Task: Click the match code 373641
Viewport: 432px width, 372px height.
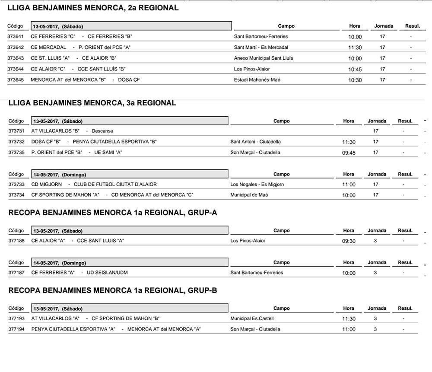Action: click(16, 37)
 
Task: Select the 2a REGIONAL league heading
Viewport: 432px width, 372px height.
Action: click(93, 8)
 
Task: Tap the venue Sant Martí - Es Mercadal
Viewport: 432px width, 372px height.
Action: click(261, 48)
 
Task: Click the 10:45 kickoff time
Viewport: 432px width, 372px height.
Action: click(355, 69)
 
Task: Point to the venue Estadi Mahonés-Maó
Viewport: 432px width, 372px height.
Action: click(257, 80)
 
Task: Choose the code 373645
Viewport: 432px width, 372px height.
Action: click(16, 80)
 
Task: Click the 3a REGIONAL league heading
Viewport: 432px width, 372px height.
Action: click(92, 103)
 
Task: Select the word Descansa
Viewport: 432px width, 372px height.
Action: click(102, 131)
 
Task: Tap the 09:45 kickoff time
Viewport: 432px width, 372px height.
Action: click(348, 153)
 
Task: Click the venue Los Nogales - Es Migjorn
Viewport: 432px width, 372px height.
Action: click(257, 184)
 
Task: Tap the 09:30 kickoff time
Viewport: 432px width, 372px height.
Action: click(348, 241)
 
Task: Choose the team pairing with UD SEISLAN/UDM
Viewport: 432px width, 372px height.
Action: click(79, 273)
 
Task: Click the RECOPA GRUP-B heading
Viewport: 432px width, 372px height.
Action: click(112, 291)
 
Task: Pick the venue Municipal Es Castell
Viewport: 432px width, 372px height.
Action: click(252, 319)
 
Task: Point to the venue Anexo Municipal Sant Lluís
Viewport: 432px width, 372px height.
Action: click(263, 58)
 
